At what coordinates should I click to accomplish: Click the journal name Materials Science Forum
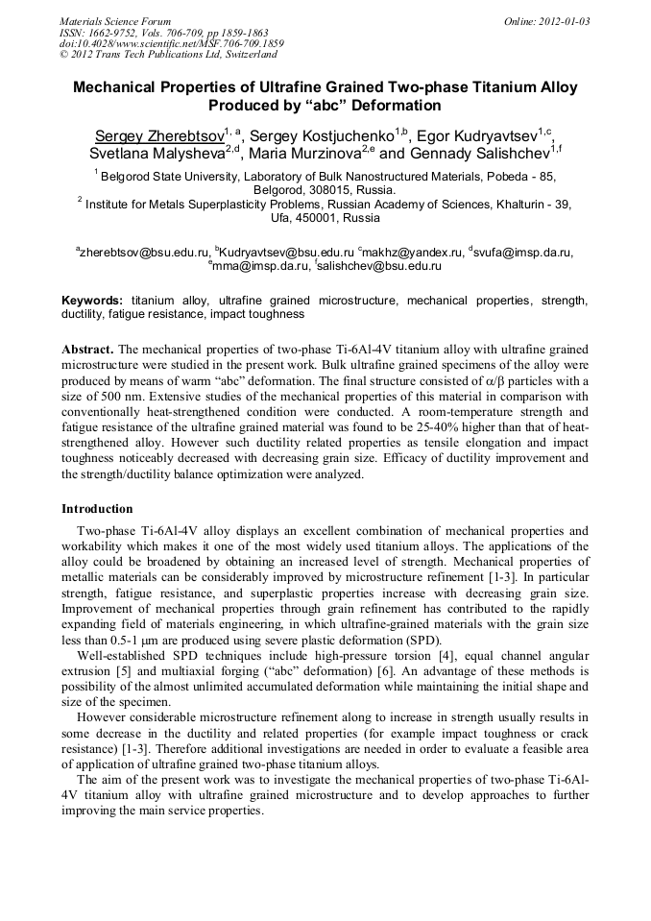[115, 20]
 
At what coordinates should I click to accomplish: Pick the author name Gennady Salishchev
[476, 153]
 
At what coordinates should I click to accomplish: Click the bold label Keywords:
[93, 301]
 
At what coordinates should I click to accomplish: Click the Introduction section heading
[97, 508]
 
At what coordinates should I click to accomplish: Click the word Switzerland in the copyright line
[245, 55]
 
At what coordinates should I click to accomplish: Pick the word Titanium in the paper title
[433, 87]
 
